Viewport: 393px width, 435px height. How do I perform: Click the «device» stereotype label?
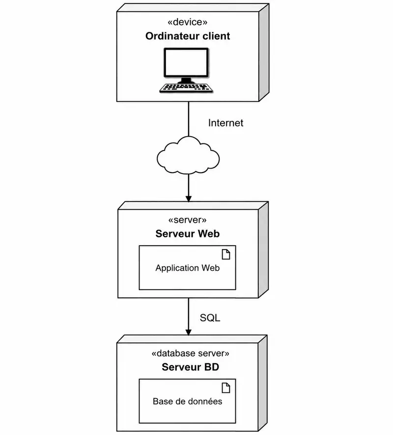coord(188,22)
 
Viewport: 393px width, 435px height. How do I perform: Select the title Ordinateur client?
coord(188,36)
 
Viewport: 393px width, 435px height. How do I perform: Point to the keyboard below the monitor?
coord(186,88)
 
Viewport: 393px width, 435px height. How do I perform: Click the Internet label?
coord(225,123)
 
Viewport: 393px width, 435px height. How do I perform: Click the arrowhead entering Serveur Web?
coord(189,199)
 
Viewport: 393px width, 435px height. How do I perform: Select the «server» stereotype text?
coord(188,220)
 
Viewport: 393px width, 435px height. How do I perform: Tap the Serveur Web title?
coord(188,233)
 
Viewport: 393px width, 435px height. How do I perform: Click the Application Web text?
coord(188,268)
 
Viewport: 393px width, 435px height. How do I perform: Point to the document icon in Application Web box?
coord(226,255)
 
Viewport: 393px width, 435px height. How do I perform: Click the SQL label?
coord(210,318)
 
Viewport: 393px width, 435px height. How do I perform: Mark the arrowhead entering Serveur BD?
coord(189,332)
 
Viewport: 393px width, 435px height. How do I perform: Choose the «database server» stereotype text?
coord(190,353)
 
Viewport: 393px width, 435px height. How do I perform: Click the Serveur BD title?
coord(190,367)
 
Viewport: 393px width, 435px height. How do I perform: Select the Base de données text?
coord(188,402)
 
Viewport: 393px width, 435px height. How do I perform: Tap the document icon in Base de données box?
coord(226,388)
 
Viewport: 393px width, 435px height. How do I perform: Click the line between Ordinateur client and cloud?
coord(189,119)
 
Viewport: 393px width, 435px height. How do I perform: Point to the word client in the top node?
coord(216,36)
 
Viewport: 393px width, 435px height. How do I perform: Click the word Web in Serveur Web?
coord(209,233)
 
